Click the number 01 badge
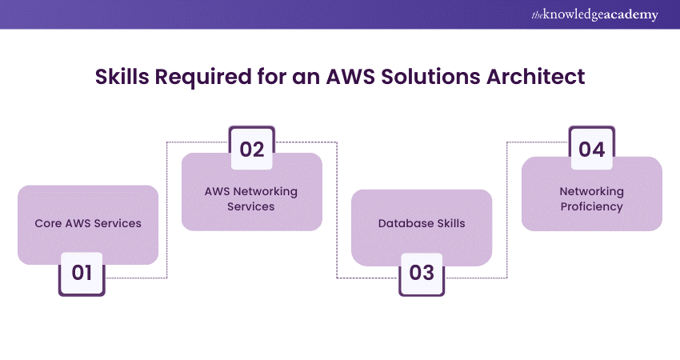tap(82, 272)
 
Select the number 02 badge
tap(252, 149)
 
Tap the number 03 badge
tap(422, 272)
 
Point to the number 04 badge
tap(592, 149)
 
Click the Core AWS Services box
tap(88, 223)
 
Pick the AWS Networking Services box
tap(252, 199)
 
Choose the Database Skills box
tap(422, 223)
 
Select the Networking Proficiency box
tap(592, 199)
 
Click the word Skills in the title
tap(123, 77)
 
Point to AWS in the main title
tap(366, 77)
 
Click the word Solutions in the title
tap(445, 77)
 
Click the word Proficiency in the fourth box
tap(592, 206)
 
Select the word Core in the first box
tap(47, 223)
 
